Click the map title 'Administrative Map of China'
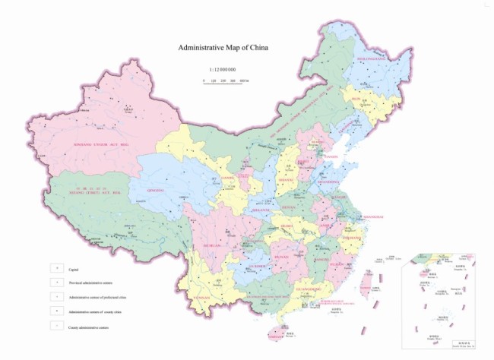pyautogui.click(x=223, y=47)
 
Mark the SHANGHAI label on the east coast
pyautogui.click(x=353, y=216)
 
